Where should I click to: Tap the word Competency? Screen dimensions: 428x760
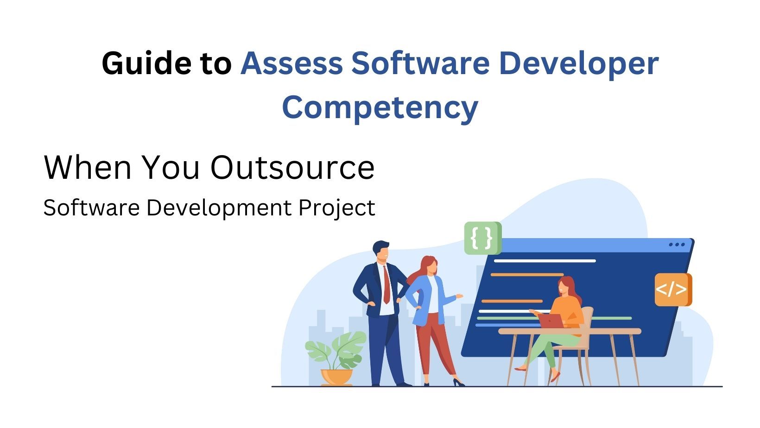(x=380, y=107)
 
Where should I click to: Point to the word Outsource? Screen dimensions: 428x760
(x=292, y=167)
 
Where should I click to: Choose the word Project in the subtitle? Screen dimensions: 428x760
(x=336, y=208)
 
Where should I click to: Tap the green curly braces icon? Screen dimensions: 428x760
(x=482, y=238)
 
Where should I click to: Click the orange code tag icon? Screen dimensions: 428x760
(x=672, y=290)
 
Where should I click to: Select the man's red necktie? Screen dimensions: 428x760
(x=386, y=285)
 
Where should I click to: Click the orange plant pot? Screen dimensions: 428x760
(x=337, y=376)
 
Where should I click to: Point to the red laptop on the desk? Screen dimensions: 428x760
(x=551, y=321)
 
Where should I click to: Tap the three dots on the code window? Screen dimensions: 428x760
(x=677, y=245)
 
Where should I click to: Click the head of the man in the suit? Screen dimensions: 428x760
(x=381, y=252)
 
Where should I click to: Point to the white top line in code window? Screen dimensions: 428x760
(x=545, y=261)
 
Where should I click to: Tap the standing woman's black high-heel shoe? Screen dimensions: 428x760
(x=458, y=383)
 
